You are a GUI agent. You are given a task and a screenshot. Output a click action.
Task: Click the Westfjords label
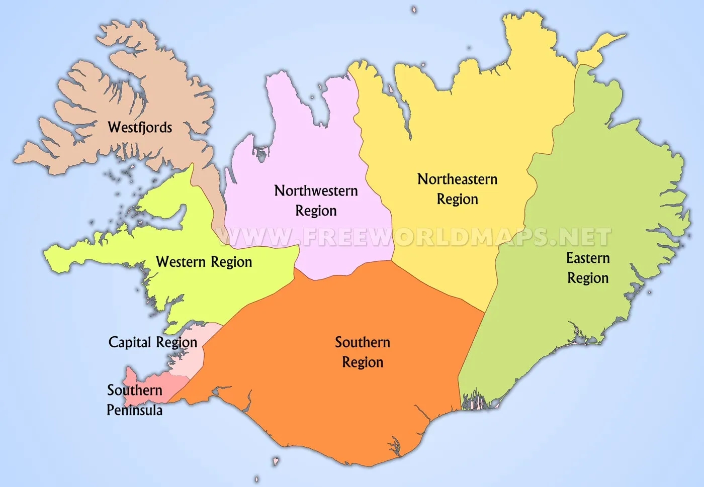tap(140, 127)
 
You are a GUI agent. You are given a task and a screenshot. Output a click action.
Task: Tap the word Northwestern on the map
tap(316, 190)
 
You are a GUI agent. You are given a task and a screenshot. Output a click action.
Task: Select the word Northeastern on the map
tap(457, 179)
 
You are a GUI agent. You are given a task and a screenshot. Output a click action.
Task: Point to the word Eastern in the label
tap(588, 258)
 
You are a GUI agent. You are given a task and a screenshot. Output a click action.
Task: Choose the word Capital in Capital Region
tap(130, 342)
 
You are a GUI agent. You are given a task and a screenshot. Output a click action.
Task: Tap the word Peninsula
tap(134, 410)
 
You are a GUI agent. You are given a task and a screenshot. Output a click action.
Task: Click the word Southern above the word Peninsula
tap(134, 390)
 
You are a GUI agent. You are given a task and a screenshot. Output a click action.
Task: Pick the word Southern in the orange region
tap(363, 342)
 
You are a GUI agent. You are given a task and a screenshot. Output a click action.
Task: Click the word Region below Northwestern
tap(316, 211)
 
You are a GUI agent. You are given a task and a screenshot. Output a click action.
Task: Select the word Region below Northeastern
tap(457, 199)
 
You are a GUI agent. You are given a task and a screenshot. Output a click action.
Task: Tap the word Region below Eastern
tap(588, 278)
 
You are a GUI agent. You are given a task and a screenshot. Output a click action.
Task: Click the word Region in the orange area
tap(363, 362)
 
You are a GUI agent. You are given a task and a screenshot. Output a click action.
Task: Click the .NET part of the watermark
tap(583, 237)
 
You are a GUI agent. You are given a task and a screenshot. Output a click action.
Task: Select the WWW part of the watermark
tap(254, 237)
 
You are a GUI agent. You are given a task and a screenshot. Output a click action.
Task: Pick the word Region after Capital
tap(176, 343)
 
